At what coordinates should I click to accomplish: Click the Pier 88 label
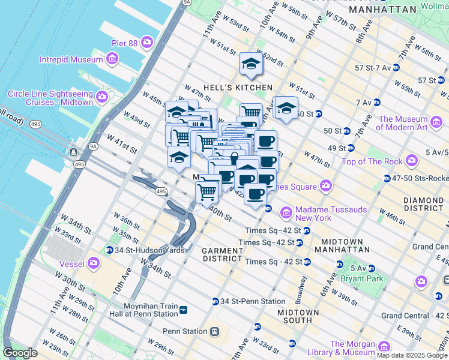pos(124,43)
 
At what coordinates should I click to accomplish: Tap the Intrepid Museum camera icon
pos(112,59)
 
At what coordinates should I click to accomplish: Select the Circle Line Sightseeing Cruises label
pos(50,98)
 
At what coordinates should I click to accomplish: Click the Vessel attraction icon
pos(93,262)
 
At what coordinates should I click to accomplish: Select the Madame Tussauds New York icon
pos(286,212)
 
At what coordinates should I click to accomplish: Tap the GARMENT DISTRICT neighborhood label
pos(221,254)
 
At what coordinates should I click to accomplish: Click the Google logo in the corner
pos(20,353)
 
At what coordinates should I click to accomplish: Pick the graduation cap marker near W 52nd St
pos(251,64)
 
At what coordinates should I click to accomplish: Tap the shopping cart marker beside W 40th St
pos(207,193)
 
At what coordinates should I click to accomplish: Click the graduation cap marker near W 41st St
pos(179,157)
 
